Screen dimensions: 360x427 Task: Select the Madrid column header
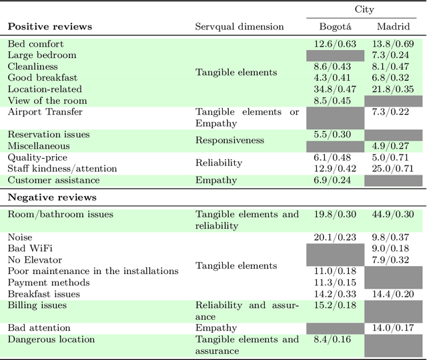[393, 27]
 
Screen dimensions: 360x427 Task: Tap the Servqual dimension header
[239, 27]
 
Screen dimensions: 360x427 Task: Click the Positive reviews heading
[49, 27]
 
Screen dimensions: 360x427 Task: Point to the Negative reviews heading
[52, 197]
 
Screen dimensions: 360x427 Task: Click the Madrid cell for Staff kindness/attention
[393, 169]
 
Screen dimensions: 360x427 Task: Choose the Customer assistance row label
[53, 180]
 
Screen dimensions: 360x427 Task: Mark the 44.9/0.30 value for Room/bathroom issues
[393, 215]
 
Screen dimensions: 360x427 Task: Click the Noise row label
[20, 237]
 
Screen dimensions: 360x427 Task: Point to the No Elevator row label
[35, 260]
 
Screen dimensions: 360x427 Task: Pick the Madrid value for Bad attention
[393, 328]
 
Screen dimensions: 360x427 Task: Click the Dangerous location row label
[51, 339]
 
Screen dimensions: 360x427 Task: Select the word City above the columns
[364, 9]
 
